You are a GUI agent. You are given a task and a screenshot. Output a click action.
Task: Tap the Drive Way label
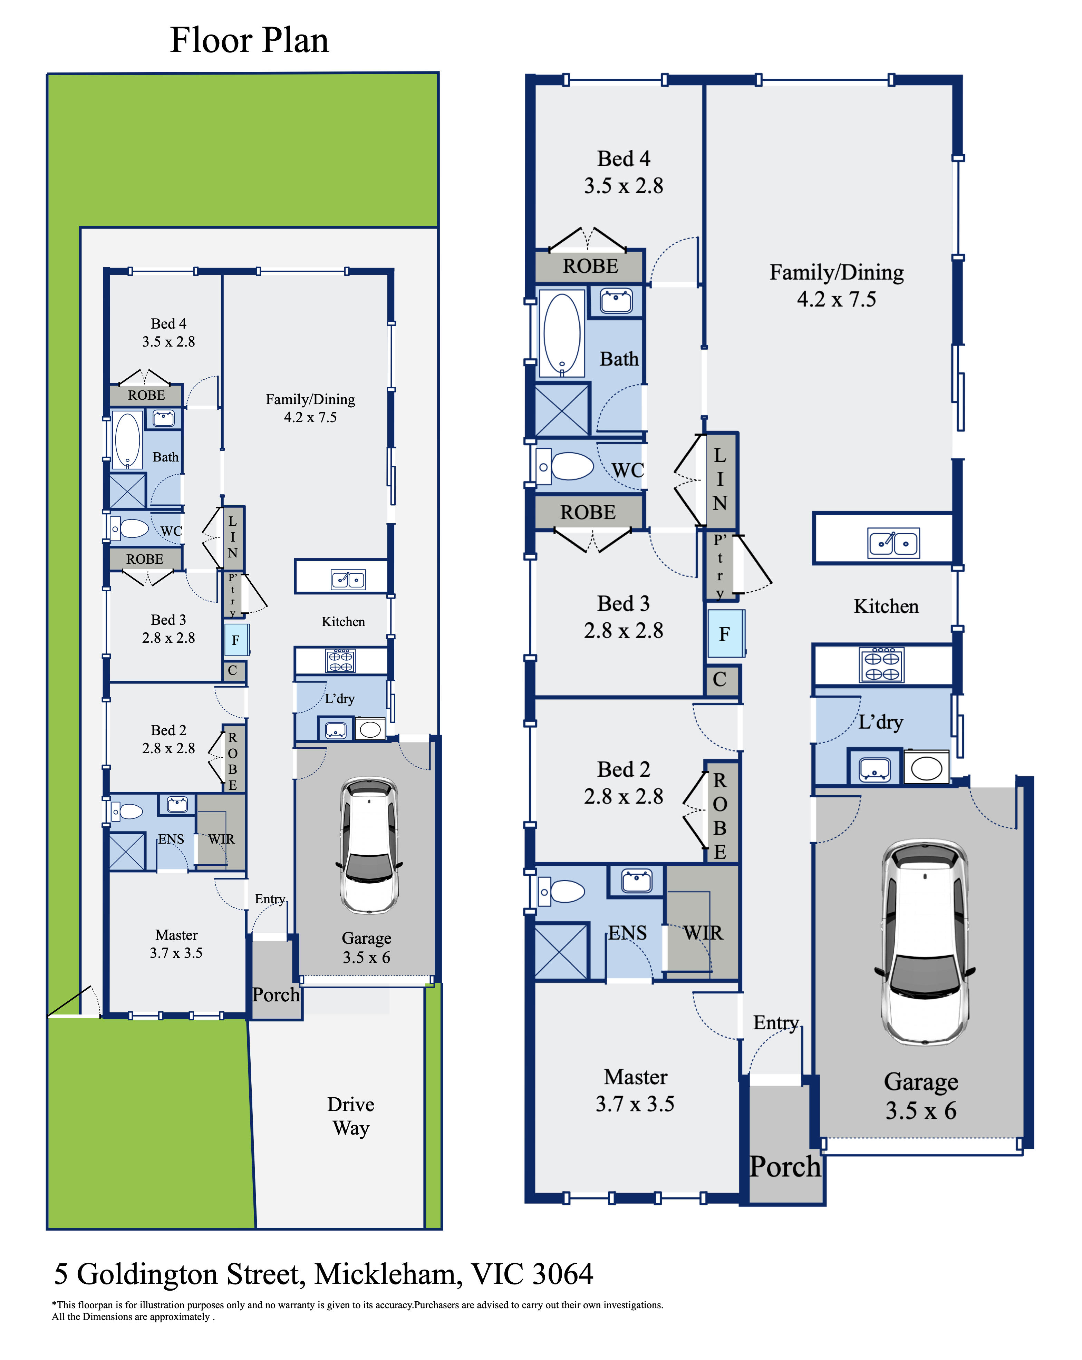(351, 1116)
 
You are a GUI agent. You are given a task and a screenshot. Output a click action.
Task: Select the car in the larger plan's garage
(924, 942)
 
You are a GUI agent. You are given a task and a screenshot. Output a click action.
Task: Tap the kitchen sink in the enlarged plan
(893, 543)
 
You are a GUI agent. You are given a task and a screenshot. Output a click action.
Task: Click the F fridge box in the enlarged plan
(725, 633)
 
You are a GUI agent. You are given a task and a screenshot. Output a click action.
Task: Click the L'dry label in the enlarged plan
(881, 722)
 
